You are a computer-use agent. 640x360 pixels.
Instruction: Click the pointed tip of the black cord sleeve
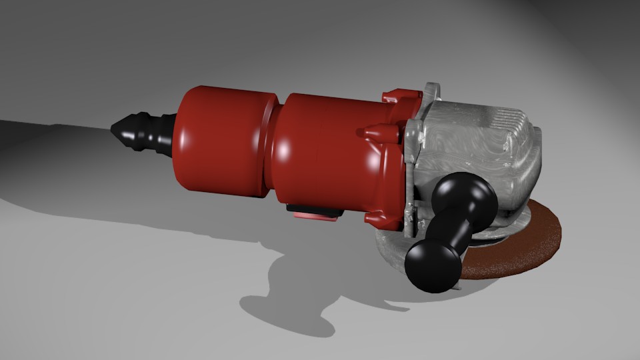(115, 127)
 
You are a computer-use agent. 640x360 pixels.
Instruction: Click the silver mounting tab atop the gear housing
(431, 93)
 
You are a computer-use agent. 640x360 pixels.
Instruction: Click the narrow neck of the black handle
(448, 230)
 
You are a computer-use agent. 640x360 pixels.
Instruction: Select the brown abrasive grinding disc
(527, 247)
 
